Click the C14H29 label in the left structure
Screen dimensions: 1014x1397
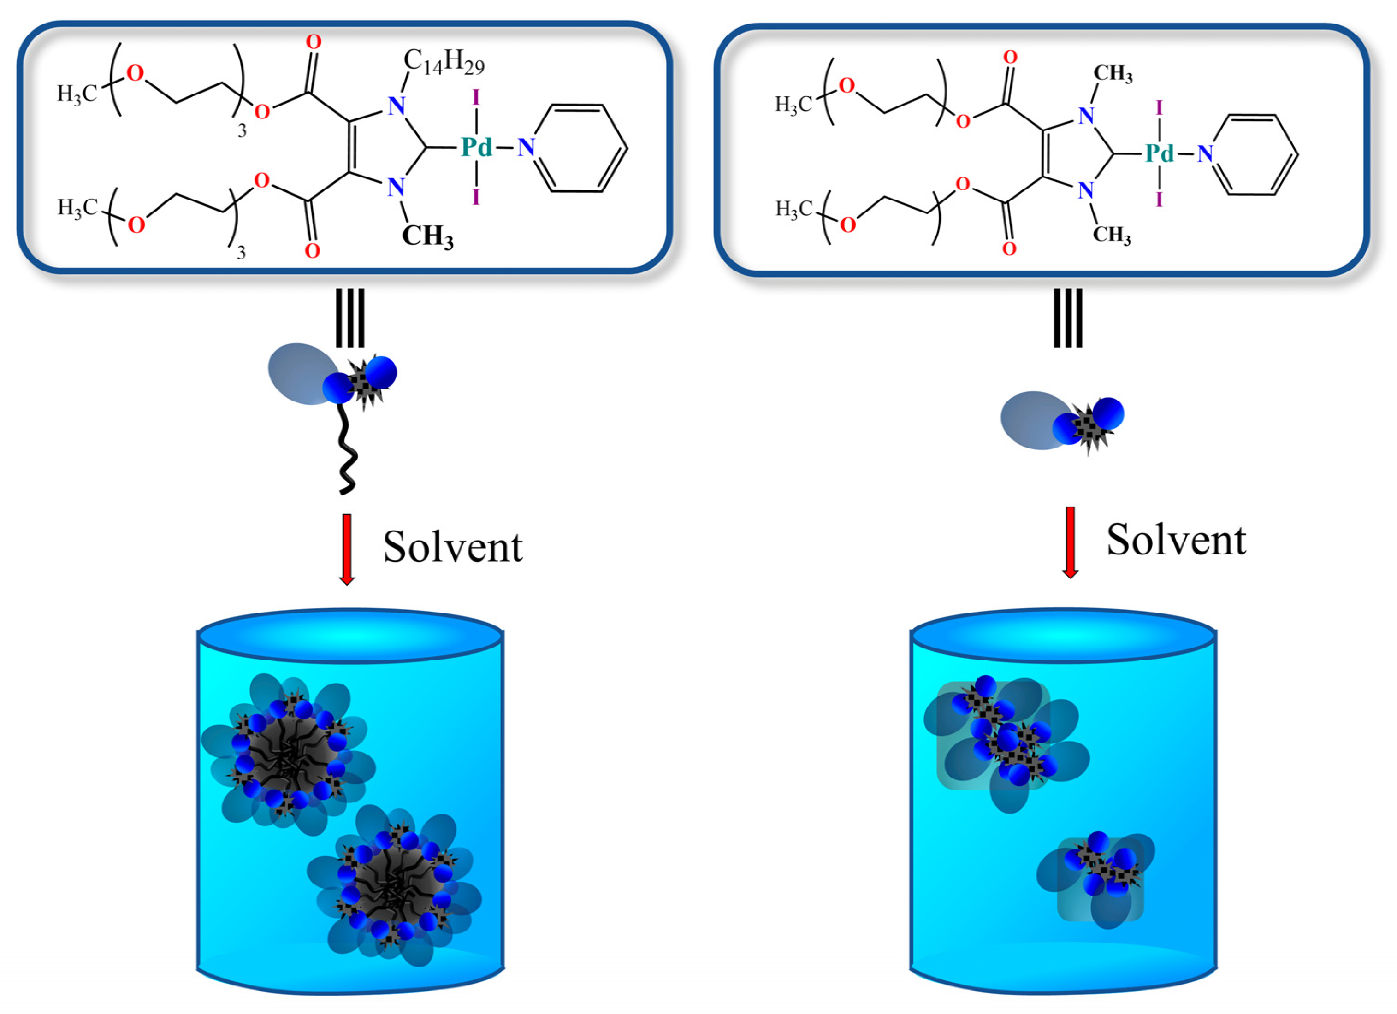tap(444, 63)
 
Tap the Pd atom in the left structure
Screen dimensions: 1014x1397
tap(477, 148)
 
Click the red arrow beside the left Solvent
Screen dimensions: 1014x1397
tap(347, 548)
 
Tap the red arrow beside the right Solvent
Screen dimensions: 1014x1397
tap(1071, 542)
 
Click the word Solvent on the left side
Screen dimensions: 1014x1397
tap(453, 547)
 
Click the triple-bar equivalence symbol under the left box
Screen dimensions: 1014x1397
tap(350, 318)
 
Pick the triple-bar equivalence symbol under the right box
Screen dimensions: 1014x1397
tap(1067, 318)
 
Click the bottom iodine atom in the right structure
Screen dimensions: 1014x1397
tap(1159, 199)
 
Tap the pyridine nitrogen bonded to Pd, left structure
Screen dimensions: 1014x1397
tap(526, 148)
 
